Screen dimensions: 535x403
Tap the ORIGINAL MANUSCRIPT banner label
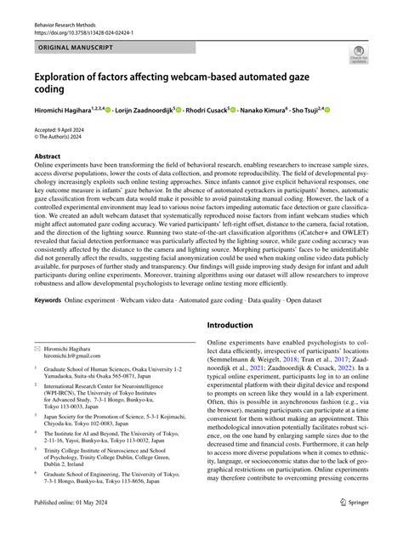76,40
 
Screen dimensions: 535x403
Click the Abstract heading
47,156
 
